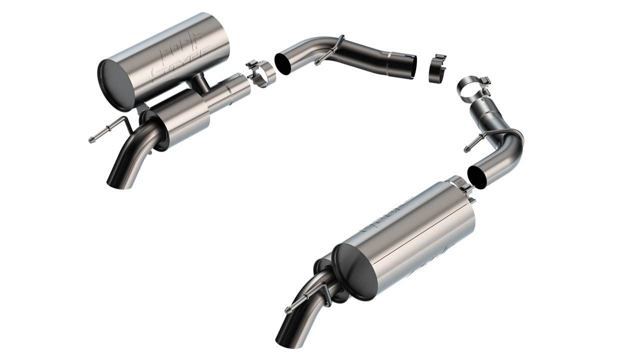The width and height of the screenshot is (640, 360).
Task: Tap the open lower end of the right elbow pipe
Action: coord(477,177)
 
